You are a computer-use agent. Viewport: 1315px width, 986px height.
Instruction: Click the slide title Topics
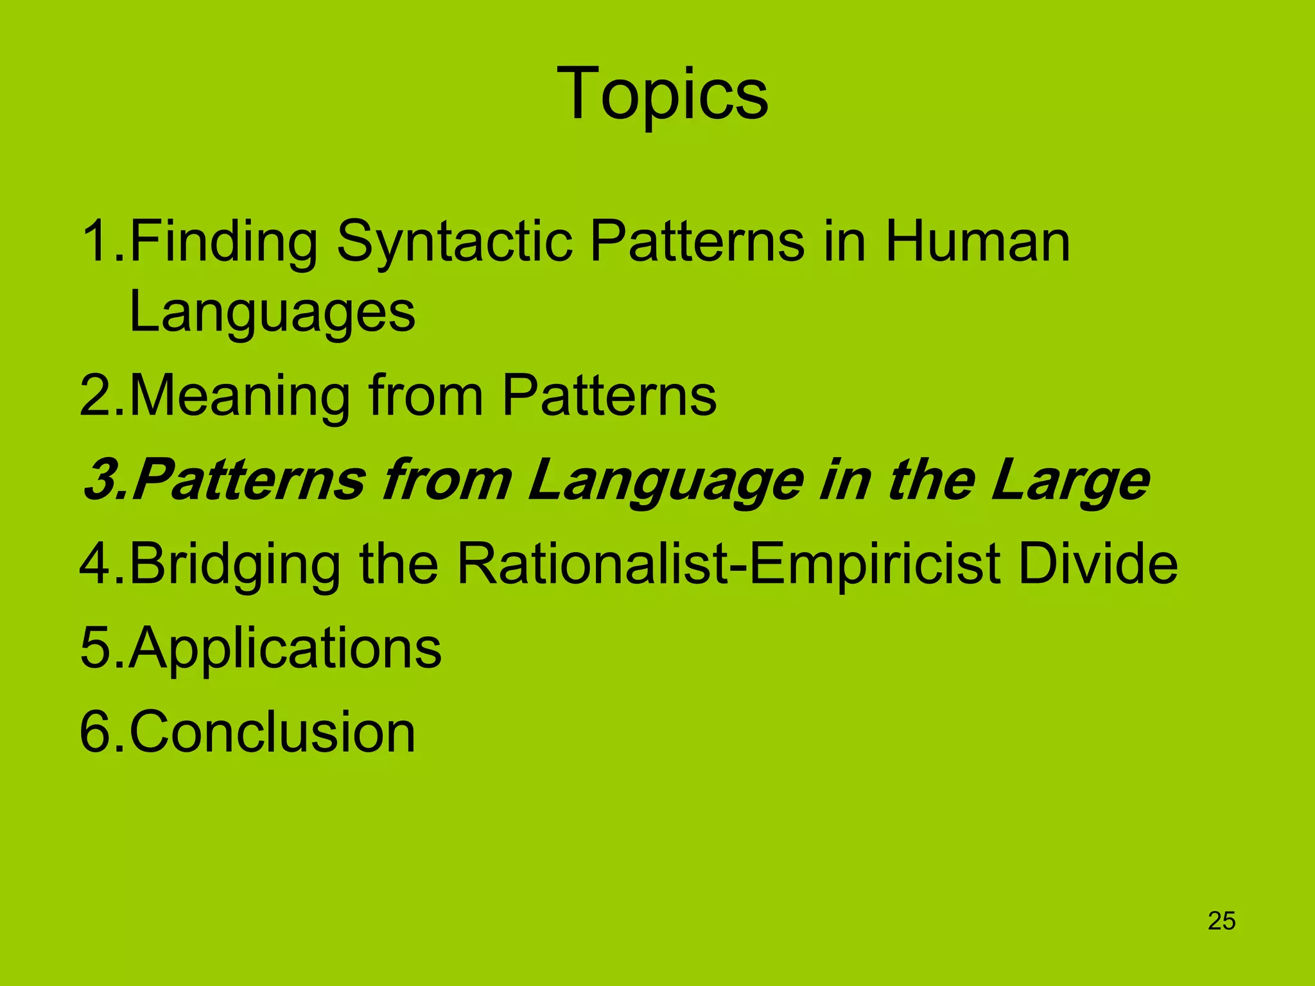click(x=662, y=94)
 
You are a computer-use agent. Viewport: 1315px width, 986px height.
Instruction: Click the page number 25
click(x=1221, y=921)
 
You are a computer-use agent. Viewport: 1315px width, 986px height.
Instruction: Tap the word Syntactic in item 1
click(x=454, y=242)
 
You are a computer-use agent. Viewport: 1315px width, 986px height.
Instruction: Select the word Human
click(x=977, y=242)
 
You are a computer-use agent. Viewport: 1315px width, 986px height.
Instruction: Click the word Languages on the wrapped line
click(x=272, y=313)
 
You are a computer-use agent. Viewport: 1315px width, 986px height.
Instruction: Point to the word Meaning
click(x=240, y=395)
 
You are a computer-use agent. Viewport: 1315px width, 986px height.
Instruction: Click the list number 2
click(x=96, y=395)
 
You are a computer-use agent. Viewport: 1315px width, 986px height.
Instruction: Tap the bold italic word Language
click(x=665, y=480)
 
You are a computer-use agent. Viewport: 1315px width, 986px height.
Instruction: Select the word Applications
click(x=285, y=648)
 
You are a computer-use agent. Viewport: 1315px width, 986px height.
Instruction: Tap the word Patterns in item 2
click(x=608, y=395)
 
